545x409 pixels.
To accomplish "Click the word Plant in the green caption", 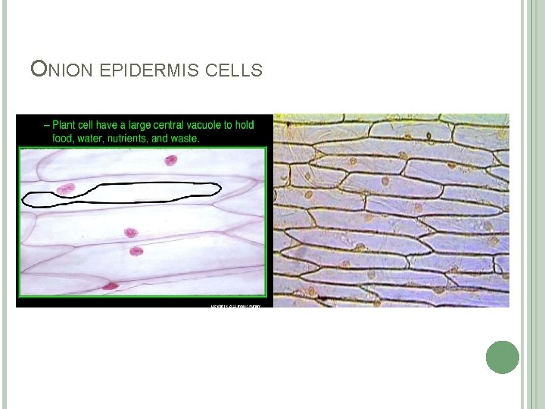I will [x=68, y=125].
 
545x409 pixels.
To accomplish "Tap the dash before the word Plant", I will [x=47, y=125].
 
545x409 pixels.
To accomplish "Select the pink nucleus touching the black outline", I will [x=66, y=189].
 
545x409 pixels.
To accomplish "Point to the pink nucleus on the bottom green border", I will [x=111, y=286].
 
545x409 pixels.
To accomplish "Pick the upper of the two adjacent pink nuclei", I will [x=130, y=233].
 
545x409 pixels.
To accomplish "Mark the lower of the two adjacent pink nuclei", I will [x=136, y=251].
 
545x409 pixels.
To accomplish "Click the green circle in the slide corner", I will [x=502, y=357].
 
